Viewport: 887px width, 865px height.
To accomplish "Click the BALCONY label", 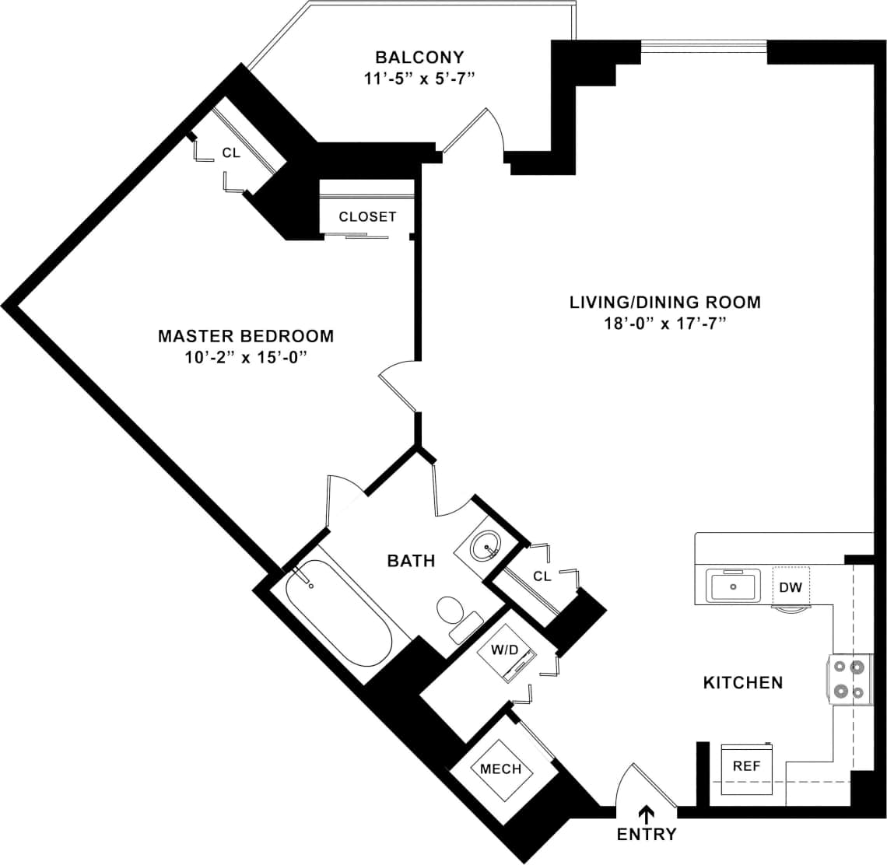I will click(x=419, y=58).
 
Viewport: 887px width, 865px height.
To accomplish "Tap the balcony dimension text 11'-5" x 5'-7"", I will click(x=419, y=79).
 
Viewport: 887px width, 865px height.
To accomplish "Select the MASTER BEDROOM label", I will click(x=246, y=336).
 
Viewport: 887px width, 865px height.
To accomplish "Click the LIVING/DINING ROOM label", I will click(x=665, y=302).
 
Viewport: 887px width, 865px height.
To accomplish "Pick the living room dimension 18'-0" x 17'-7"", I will click(x=665, y=324).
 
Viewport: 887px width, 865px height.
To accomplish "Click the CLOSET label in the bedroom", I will click(x=367, y=217).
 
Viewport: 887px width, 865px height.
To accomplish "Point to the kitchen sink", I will click(x=733, y=584).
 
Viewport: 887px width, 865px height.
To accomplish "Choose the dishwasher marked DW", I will click(x=791, y=587).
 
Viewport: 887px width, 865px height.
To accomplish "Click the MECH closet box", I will click(x=500, y=769).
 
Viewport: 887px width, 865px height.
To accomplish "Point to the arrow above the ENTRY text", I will click(x=646, y=814).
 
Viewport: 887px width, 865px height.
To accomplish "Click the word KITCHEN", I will click(x=743, y=683).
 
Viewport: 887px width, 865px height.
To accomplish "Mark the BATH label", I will click(x=411, y=561).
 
